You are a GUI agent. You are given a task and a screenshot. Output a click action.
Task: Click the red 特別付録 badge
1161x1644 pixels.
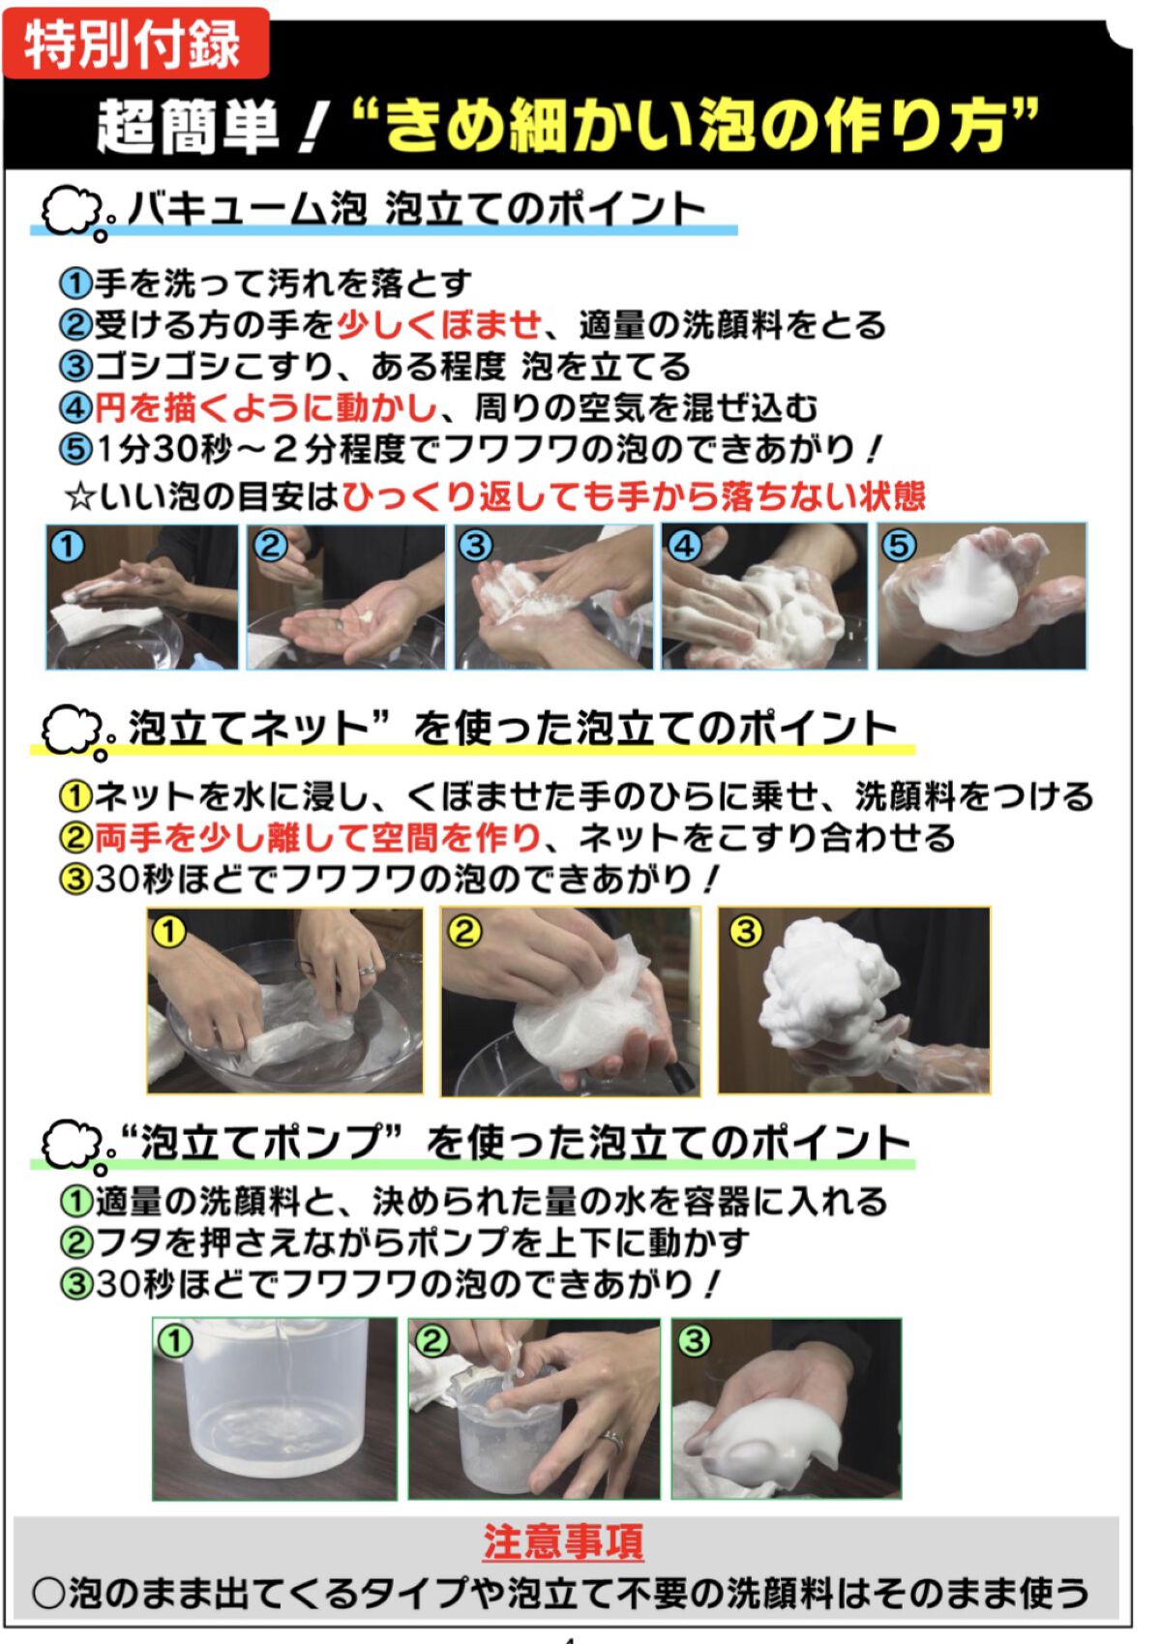tap(134, 43)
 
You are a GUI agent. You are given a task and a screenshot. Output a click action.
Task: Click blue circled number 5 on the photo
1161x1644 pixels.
tap(899, 546)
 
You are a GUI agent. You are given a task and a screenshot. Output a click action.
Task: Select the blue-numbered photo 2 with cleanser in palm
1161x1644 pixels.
tap(345, 597)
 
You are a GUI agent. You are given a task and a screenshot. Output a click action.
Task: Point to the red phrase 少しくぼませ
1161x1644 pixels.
tap(439, 325)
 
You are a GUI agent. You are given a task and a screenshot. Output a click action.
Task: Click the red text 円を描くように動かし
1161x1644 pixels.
tap(265, 408)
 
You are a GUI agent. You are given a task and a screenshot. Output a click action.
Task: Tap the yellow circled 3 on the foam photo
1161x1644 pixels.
tap(746, 932)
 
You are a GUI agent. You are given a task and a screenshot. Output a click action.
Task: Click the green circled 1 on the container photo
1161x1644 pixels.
tap(175, 1341)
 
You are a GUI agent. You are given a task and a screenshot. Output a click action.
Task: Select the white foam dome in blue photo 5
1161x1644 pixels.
tap(967, 585)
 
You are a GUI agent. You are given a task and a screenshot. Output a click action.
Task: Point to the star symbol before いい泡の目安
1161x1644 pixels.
tap(79, 497)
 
